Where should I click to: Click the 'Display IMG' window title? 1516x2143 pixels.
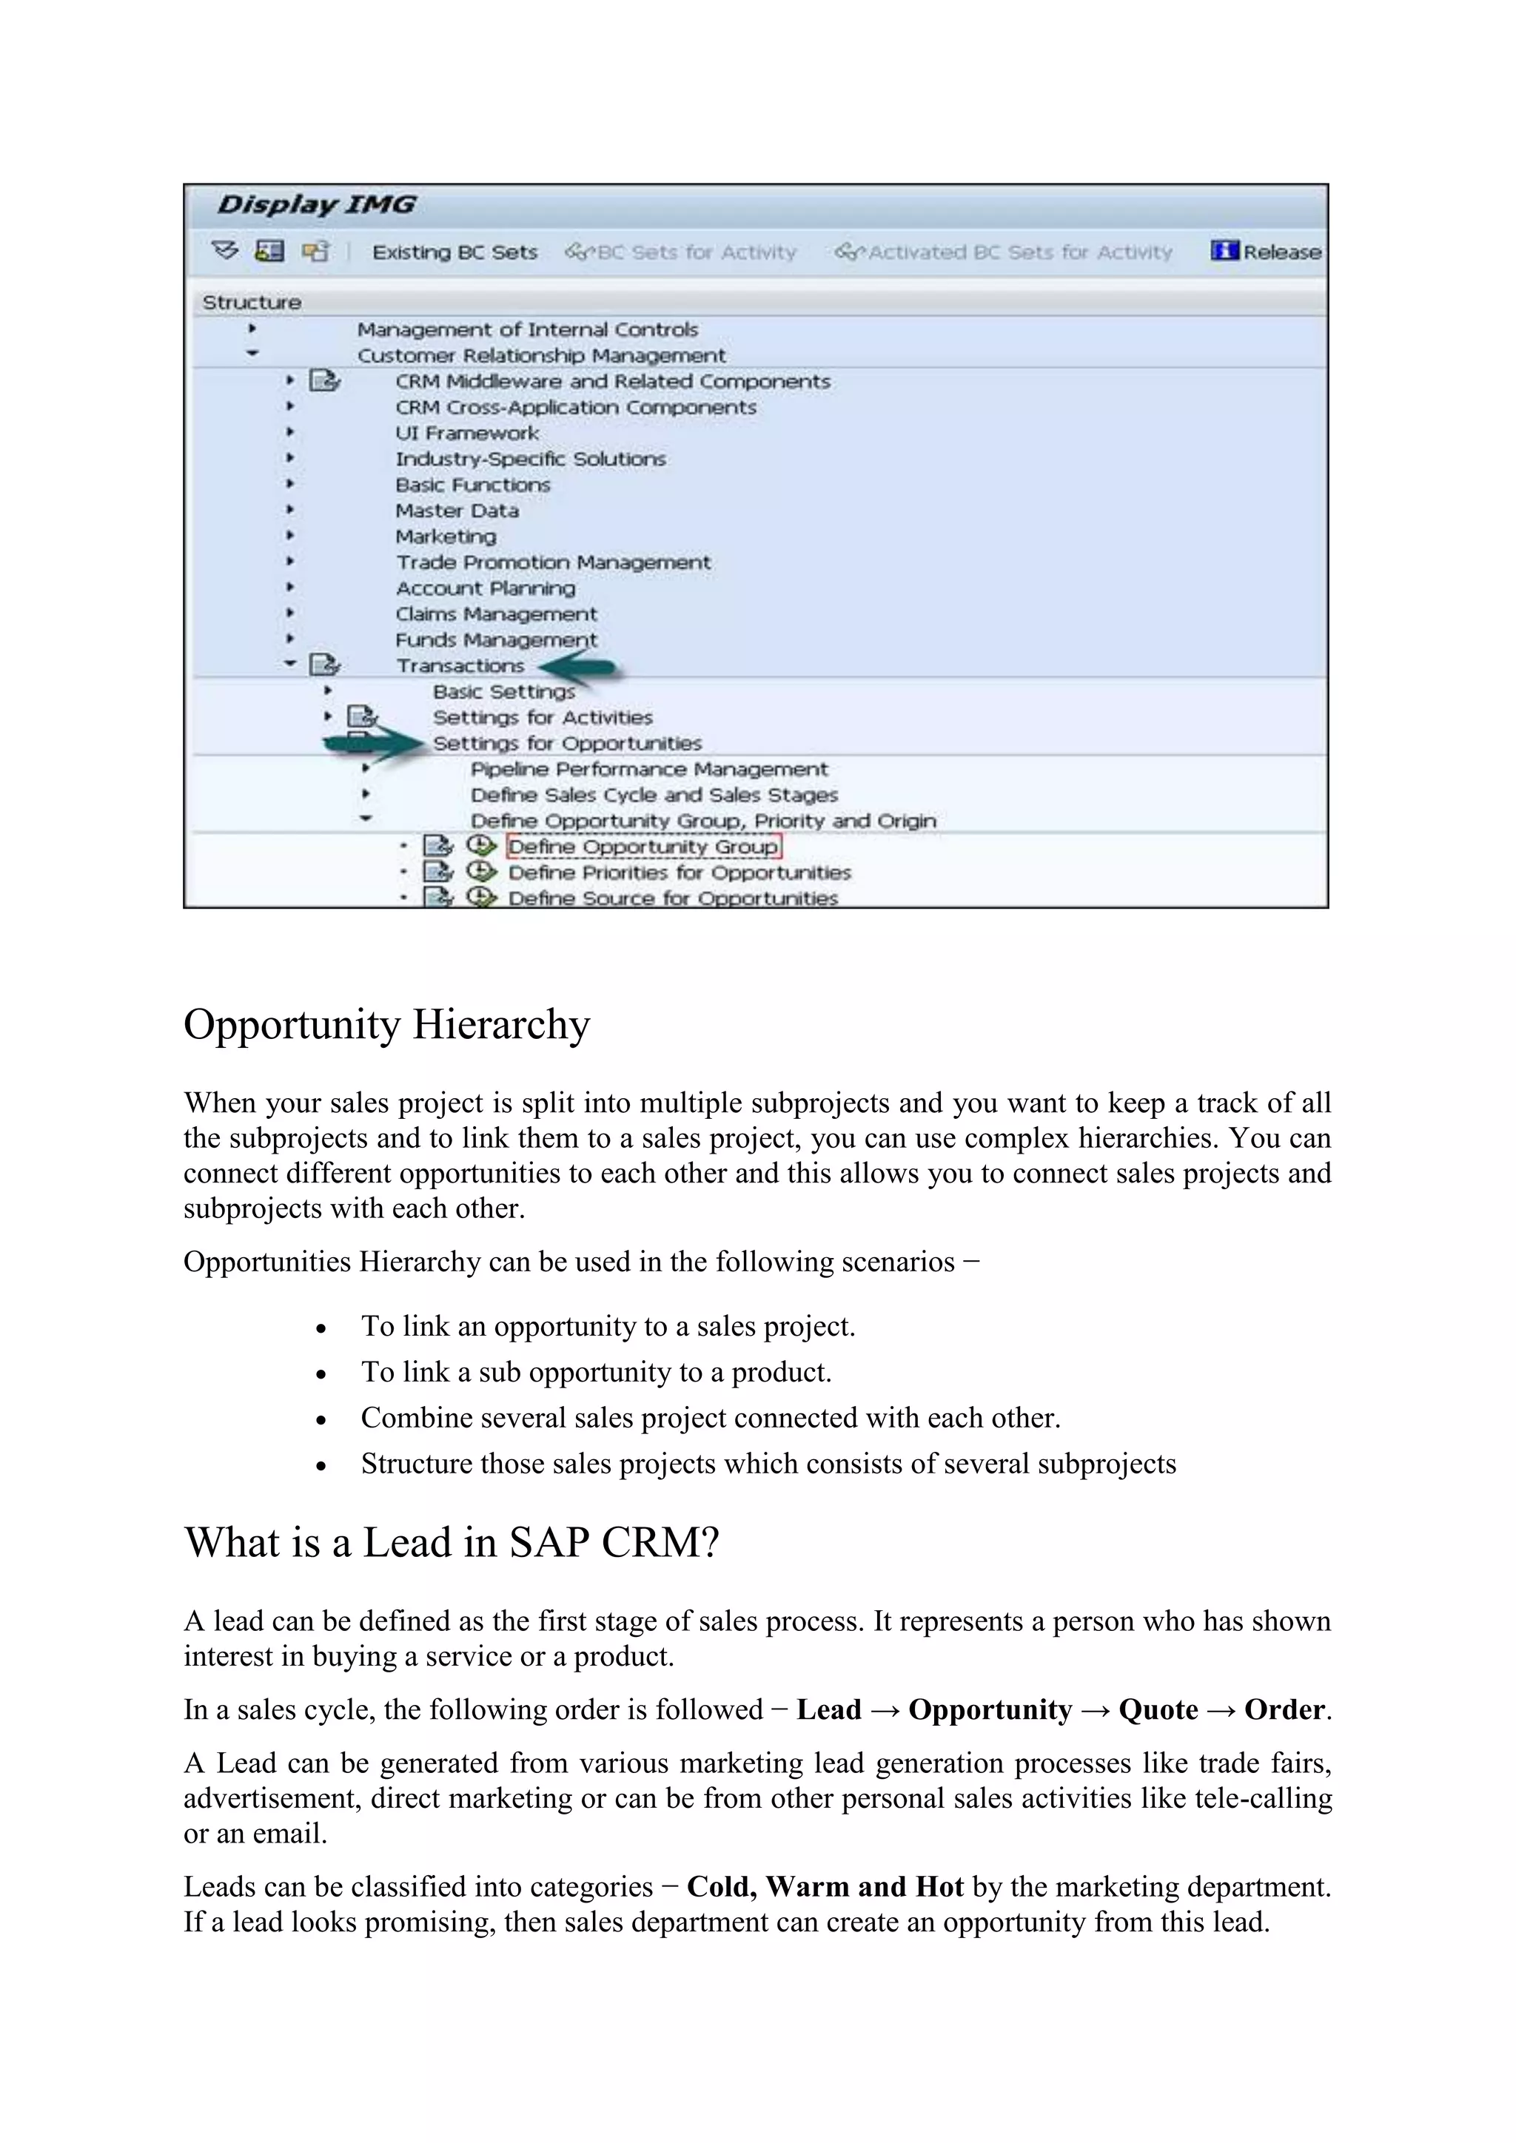317,203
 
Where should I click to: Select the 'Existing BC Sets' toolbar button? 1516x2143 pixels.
455,252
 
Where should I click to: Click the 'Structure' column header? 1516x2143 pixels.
252,303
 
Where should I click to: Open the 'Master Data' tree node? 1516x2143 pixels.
457,511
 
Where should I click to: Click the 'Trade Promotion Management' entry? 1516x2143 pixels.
553,562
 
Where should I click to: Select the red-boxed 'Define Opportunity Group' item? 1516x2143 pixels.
643,847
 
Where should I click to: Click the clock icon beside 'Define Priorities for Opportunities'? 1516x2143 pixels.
480,872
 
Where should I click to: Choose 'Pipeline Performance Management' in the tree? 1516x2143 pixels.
648,769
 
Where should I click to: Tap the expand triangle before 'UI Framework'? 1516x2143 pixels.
290,432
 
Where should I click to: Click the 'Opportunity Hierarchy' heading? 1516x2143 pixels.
386,1025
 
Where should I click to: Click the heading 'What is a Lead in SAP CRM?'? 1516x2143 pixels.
452,1543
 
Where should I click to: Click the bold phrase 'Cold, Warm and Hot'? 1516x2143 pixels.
825,1886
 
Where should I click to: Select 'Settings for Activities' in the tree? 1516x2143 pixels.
543,718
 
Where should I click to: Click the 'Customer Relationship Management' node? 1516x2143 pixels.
541,356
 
